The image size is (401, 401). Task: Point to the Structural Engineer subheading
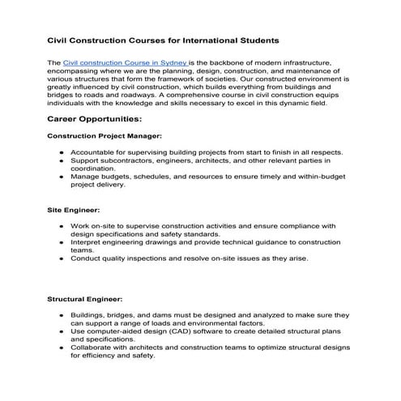[x=85, y=298]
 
